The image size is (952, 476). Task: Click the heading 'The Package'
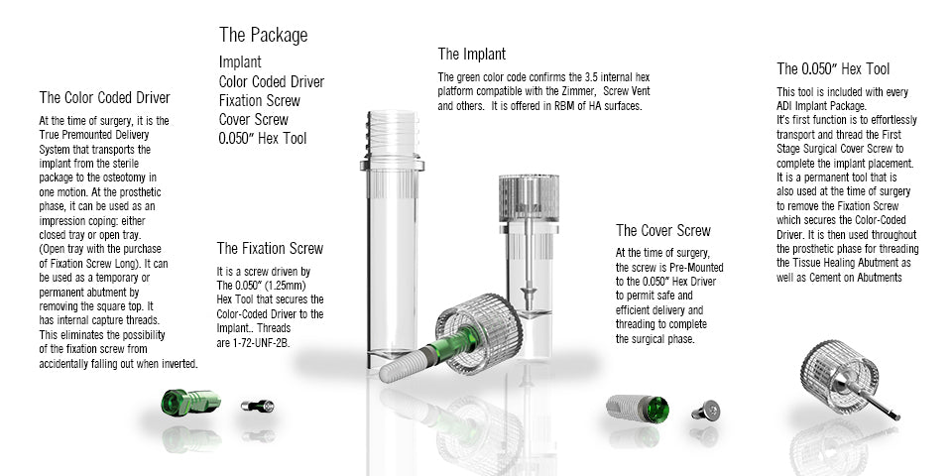click(x=264, y=36)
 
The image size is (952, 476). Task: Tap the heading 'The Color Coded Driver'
click(x=105, y=98)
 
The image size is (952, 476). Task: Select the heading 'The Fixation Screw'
click(x=270, y=248)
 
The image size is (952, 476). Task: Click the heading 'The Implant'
click(x=472, y=54)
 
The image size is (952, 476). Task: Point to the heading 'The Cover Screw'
click(x=663, y=231)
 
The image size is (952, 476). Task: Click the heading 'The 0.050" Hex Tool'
click(x=833, y=69)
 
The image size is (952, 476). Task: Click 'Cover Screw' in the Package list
click(x=254, y=120)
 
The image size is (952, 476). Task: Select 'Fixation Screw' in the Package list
click(x=260, y=101)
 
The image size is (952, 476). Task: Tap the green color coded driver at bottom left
click(x=190, y=403)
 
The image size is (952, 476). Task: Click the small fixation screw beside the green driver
click(x=258, y=406)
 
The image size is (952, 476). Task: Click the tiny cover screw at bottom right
click(x=706, y=411)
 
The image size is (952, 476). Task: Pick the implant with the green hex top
click(x=638, y=408)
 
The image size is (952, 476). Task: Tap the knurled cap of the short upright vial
click(x=529, y=198)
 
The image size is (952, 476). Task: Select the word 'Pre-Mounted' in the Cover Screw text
click(x=696, y=267)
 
